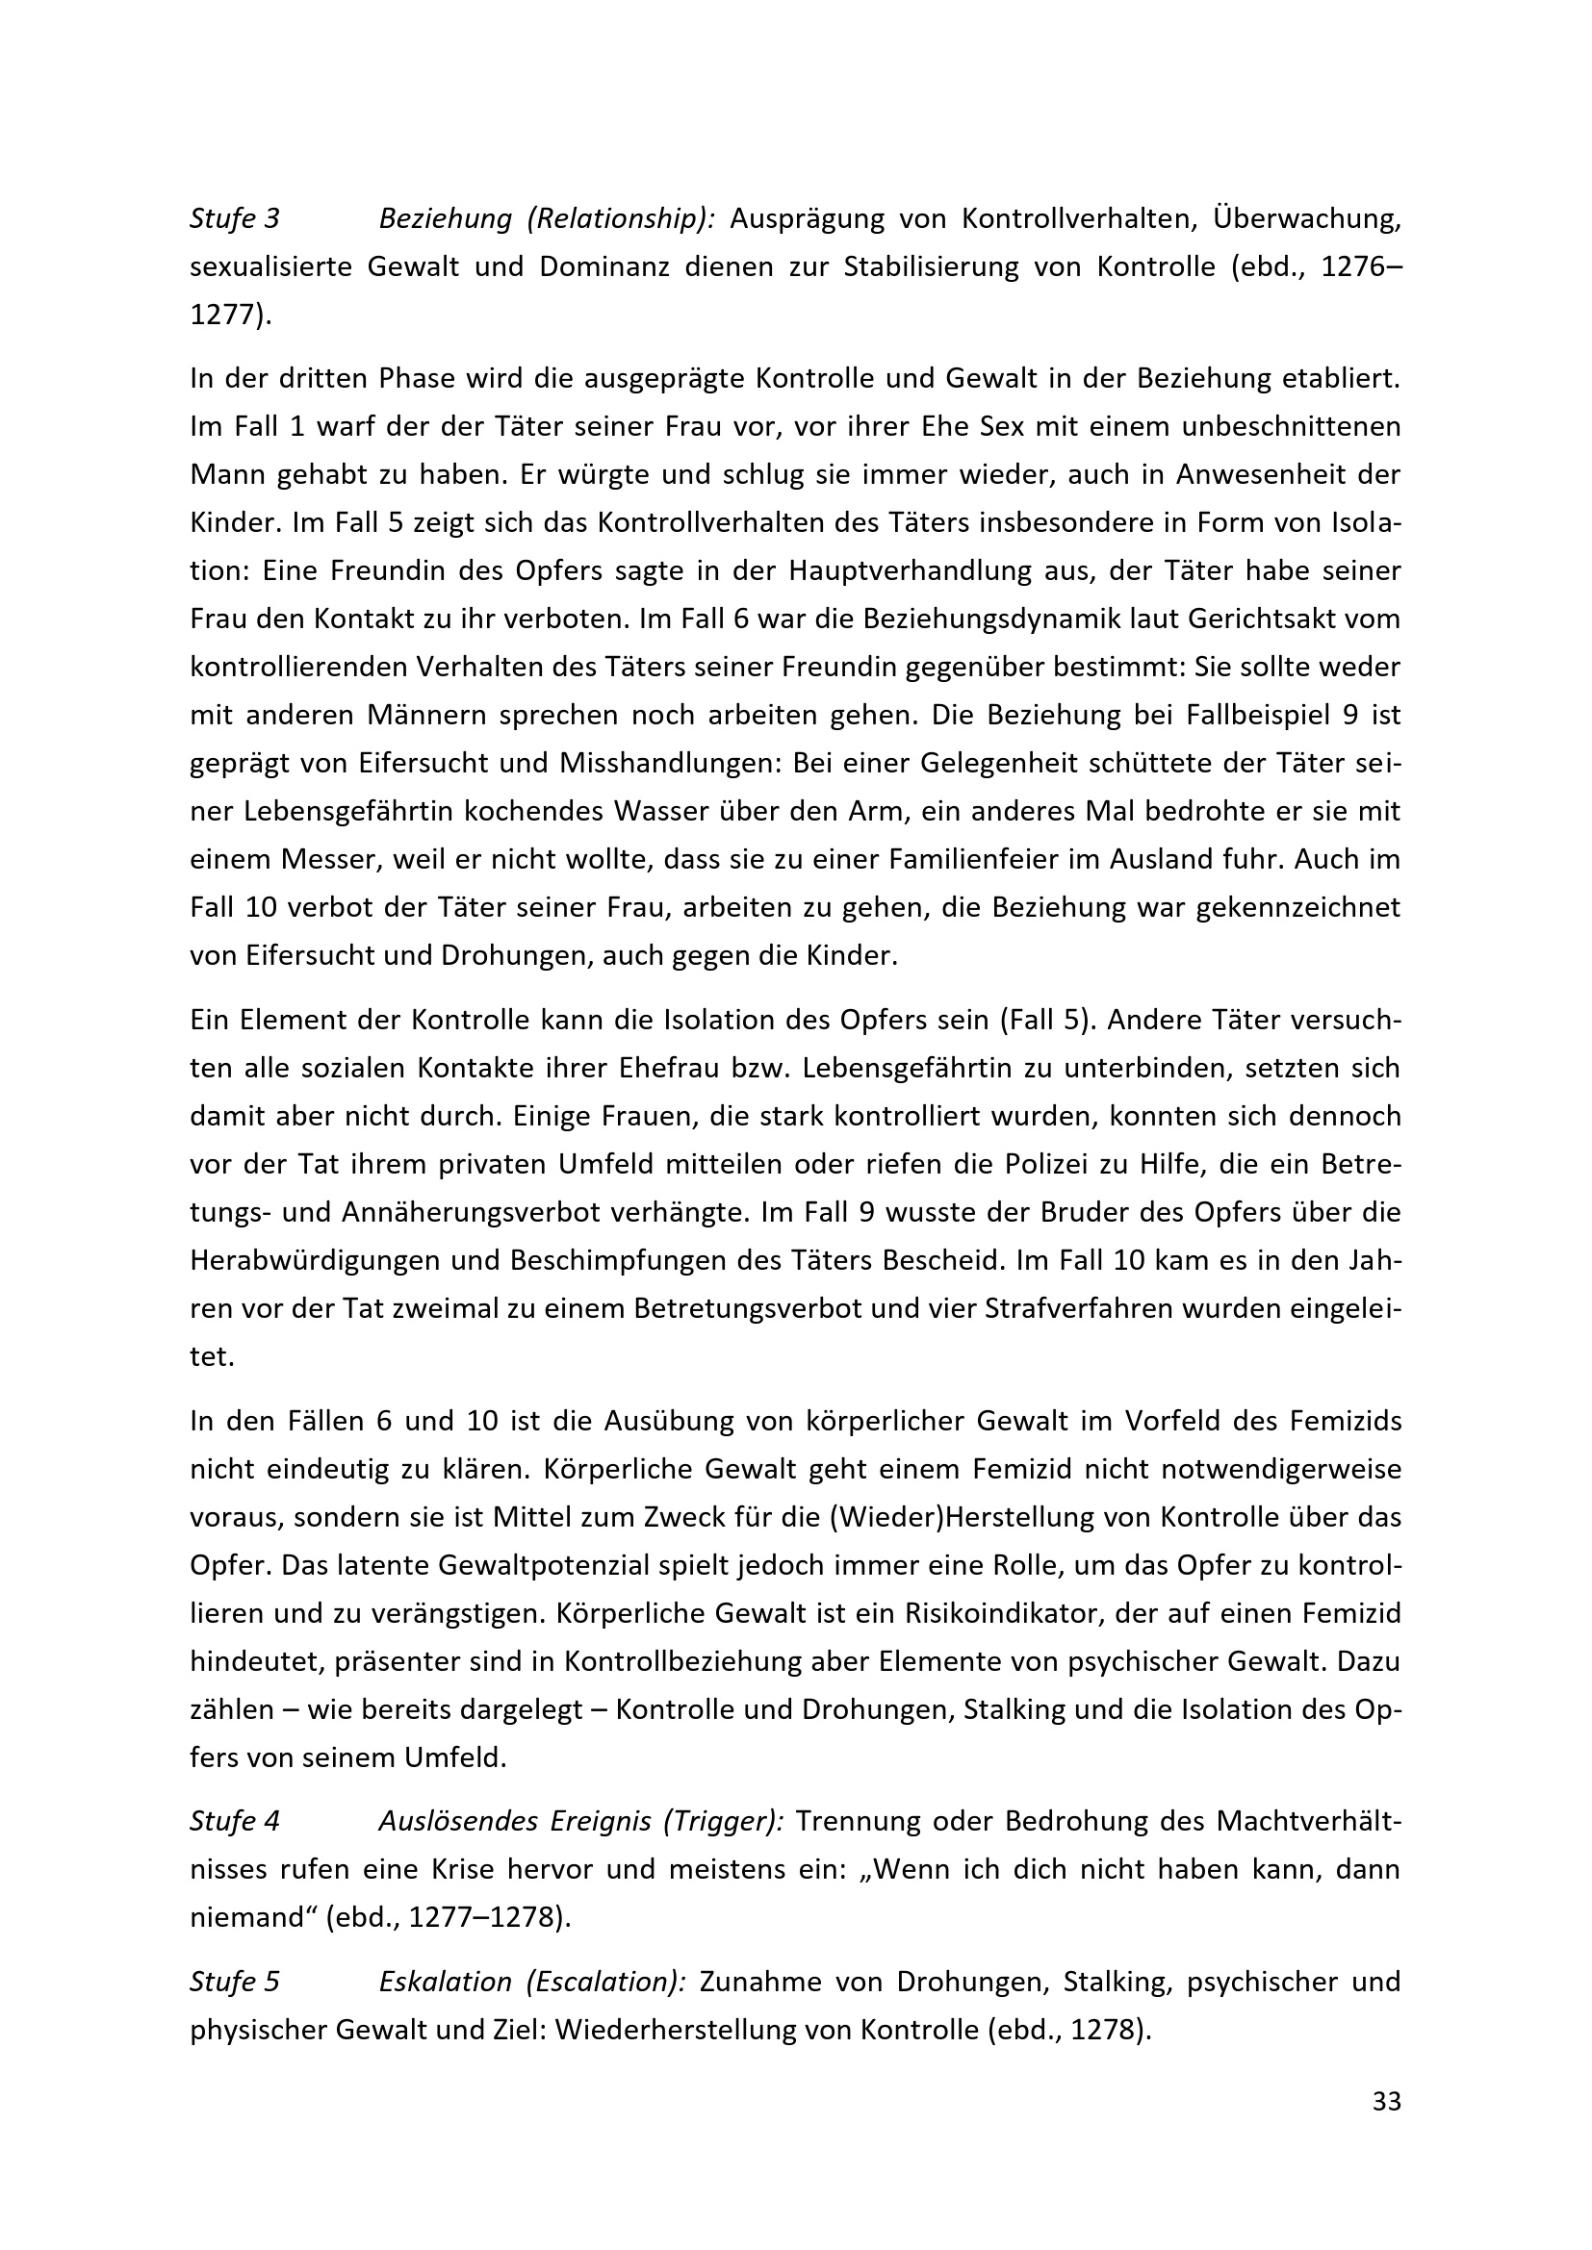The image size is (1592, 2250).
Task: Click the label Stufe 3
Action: [234, 218]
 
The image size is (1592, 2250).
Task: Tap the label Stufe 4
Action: [234, 1822]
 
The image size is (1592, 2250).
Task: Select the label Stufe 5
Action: [234, 1983]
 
